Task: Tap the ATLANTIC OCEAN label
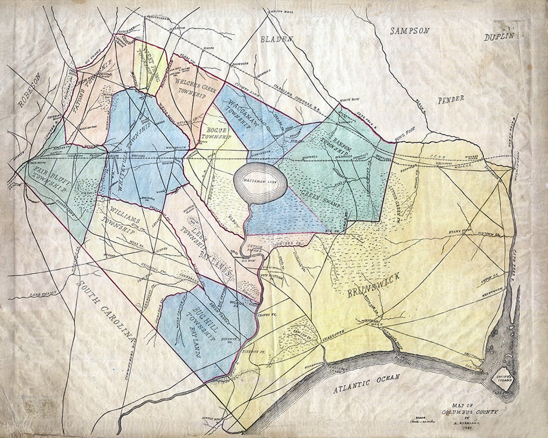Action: (366, 383)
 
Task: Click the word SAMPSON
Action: (409, 31)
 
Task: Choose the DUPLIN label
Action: (498, 36)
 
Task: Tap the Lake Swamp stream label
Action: (42, 294)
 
